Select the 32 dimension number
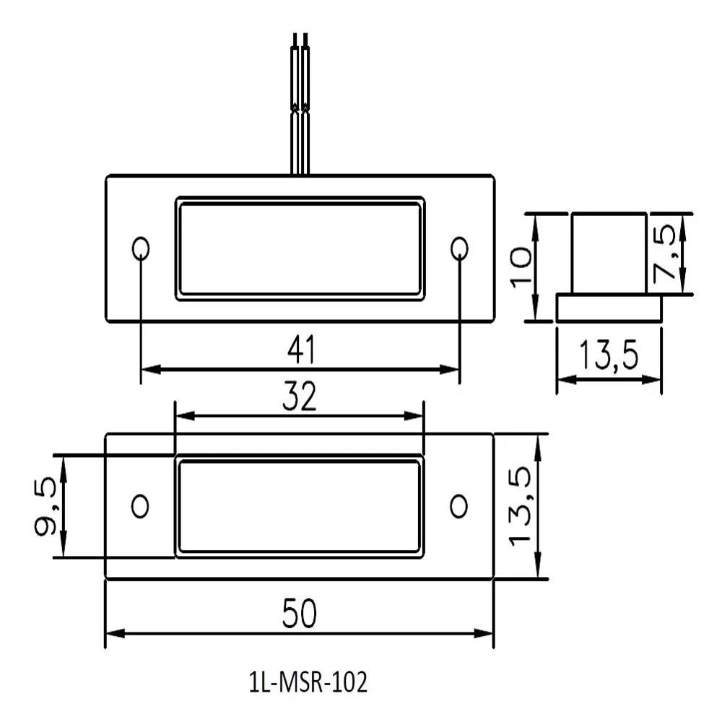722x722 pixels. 299,398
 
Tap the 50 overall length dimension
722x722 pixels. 300,614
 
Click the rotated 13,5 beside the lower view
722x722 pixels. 521,506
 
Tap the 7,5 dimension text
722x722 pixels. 666,253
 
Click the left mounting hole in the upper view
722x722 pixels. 141,249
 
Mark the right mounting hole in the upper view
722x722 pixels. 458,249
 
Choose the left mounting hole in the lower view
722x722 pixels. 141,505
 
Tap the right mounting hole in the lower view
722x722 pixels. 458,505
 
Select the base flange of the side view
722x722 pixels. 609,308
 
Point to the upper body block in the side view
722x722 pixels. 609,253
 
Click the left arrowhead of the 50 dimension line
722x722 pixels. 113,633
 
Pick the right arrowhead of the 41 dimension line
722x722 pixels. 452,370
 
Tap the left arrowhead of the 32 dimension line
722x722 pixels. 183,416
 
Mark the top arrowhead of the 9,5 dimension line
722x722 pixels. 64,463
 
